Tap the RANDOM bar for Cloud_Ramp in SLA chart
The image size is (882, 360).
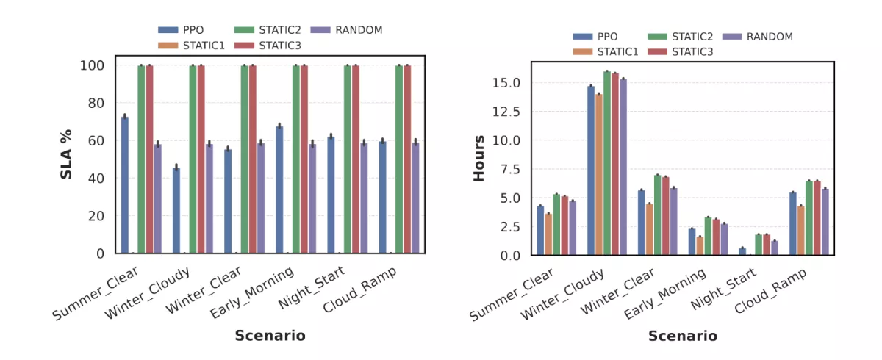415,198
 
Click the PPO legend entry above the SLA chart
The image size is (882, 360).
181,30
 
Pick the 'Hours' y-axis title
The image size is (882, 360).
479,158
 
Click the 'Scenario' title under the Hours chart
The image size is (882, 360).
683,336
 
